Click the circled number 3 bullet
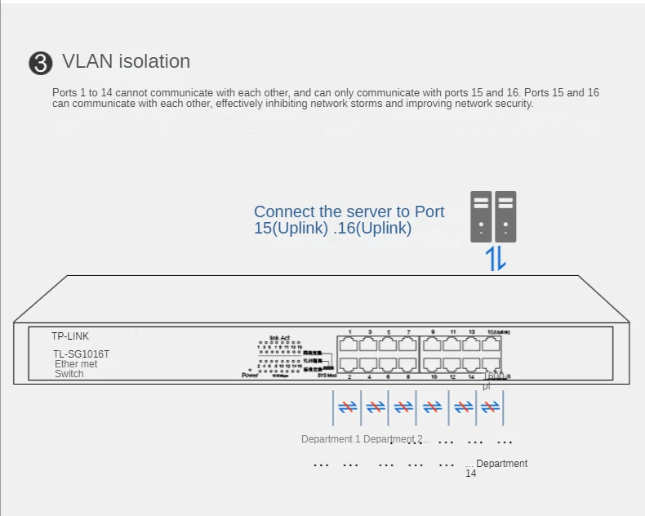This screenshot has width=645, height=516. pyautogui.click(x=40, y=64)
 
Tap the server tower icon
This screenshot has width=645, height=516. pyautogui.click(x=493, y=216)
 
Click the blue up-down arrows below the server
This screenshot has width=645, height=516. pyautogui.click(x=496, y=258)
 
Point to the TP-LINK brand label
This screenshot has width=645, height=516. pyautogui.click(x=70, y=336)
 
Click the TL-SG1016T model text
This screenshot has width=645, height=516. pyautogui.click(x=82, y=354)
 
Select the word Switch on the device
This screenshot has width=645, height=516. pyautogui.click(x=69, y=374)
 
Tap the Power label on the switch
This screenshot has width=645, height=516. pyautogui.click(x=250, y=375)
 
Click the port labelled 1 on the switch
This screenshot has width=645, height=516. pyautogui.click(x=349, y=345)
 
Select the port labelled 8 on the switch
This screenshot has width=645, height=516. pyautogui.click(x=408, y=365)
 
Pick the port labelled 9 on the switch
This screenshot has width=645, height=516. pyautogui.click(x=432, y=345)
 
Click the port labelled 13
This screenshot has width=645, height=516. pyautogui.click(x=471, y=345)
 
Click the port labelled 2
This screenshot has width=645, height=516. pyautogui.click(x=349, y=365)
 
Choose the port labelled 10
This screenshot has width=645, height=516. pyautogui.click(x=432, y=365)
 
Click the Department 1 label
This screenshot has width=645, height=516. pyautogui.click(x=331, y=439)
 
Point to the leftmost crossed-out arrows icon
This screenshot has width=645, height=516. pyautogui.click(x=348, y=407)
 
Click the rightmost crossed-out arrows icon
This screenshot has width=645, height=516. pyautogui.click(x=490, y=407)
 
